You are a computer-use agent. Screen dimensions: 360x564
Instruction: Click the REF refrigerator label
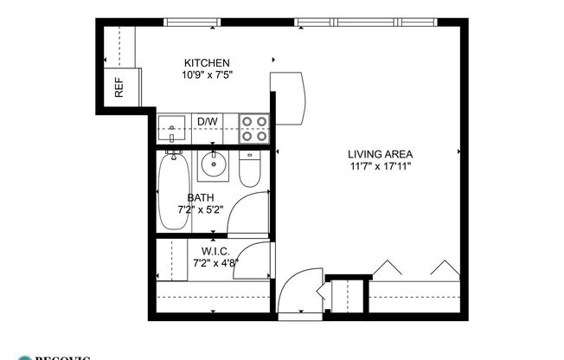pos(119,87)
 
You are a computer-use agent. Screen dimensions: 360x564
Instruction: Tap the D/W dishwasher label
pos(208,121)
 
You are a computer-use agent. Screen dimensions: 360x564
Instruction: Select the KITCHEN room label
pos(207,63)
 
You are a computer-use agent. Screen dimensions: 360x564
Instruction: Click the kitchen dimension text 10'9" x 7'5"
pos(207,75)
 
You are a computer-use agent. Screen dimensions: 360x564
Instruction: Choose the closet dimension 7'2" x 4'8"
pos(215,262)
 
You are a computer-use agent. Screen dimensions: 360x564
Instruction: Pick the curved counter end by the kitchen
pos(293,96)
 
